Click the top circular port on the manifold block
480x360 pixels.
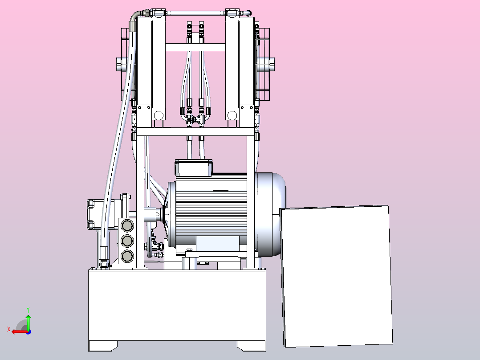pyautogui.click(x=127, y=226)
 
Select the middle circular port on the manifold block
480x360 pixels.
pyautogui.click(x=127, y=241)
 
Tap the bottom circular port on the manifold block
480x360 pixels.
pyautogui.click(x=127, y=256)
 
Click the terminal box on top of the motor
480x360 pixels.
pyautogui.click(x=193, y=168)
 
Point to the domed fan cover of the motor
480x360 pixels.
pyautogui.click(x=271, y=214)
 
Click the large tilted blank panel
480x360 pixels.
pyautogui.click(x=336, y=276)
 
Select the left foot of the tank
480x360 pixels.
pyautogui.click(x=103, y=346)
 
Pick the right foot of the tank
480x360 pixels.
pyautogui.click(x=251, y=346)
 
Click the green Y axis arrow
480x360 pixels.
pyautogui.click(x=28, y=322)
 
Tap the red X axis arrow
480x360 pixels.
pyautogui.click(x=20, y=331)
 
